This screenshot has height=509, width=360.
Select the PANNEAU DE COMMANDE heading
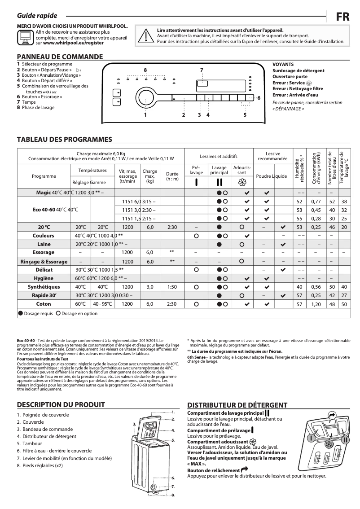click(60, 57)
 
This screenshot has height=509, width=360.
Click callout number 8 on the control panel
click(145, 70)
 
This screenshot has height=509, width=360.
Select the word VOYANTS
click(283, 65)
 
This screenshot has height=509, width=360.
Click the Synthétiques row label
click(44, 287)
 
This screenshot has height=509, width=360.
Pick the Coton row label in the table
click(44, 304)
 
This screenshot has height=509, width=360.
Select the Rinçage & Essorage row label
click(44, 261)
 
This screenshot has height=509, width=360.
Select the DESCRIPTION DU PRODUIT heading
click(61, 404)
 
